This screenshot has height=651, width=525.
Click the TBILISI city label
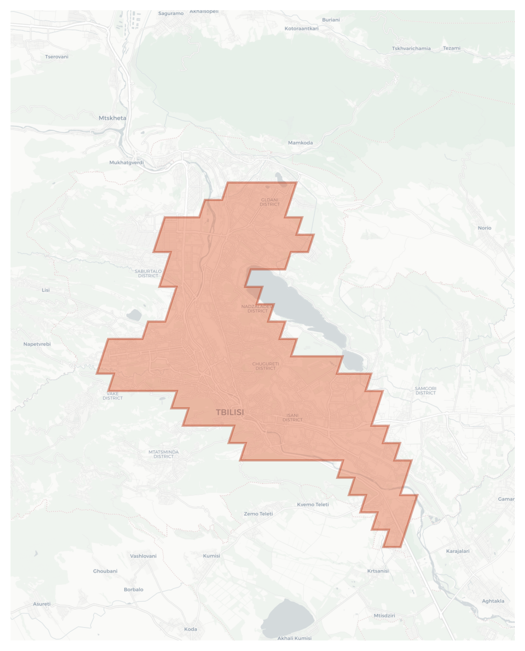[x=230, y=412]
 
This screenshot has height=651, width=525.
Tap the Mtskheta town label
[x=112, y=118]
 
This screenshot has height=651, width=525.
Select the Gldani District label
[x=269, y=202]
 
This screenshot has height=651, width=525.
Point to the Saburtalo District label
[x=148, y=273]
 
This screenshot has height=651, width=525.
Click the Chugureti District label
[x=265, y=366]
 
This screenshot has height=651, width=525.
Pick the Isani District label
[x=292, y=417]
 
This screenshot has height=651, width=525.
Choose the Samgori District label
[x=425, y=390]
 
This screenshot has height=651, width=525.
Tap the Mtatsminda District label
[x=163, y=454]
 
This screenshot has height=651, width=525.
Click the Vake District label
[x=113, y=396]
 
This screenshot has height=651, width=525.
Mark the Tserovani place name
[x=57, y=57]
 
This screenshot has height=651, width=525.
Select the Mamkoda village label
[x=300, y=143]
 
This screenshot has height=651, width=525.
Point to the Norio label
[x=484, y=228]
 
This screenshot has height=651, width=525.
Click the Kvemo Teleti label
[x=313, y=504]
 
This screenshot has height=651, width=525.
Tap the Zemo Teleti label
[x=258, y=514]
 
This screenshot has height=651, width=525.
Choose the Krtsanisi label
[x=378, y=571]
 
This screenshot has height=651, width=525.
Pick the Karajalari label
[x=458, y=551]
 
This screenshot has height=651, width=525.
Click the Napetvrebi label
[x=37, y=344]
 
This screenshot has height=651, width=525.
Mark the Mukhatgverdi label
[x=126, y=162]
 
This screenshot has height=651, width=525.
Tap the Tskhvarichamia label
[x=411, y=48]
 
